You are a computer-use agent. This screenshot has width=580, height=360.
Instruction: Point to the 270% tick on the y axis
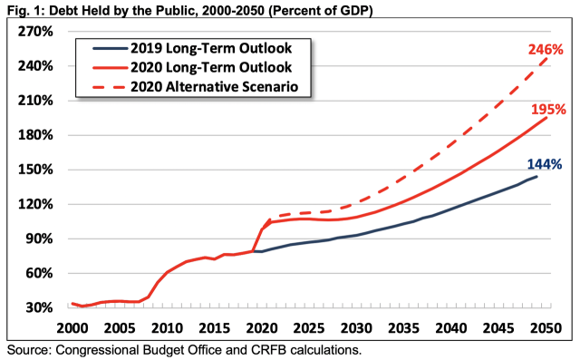(x=36, y=32)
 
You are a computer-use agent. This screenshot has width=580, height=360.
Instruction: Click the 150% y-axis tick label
(x=36, y=170)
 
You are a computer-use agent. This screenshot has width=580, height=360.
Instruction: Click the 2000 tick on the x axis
(x=71, y=326)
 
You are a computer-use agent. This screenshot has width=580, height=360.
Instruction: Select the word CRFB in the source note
(x=276, y=349)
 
